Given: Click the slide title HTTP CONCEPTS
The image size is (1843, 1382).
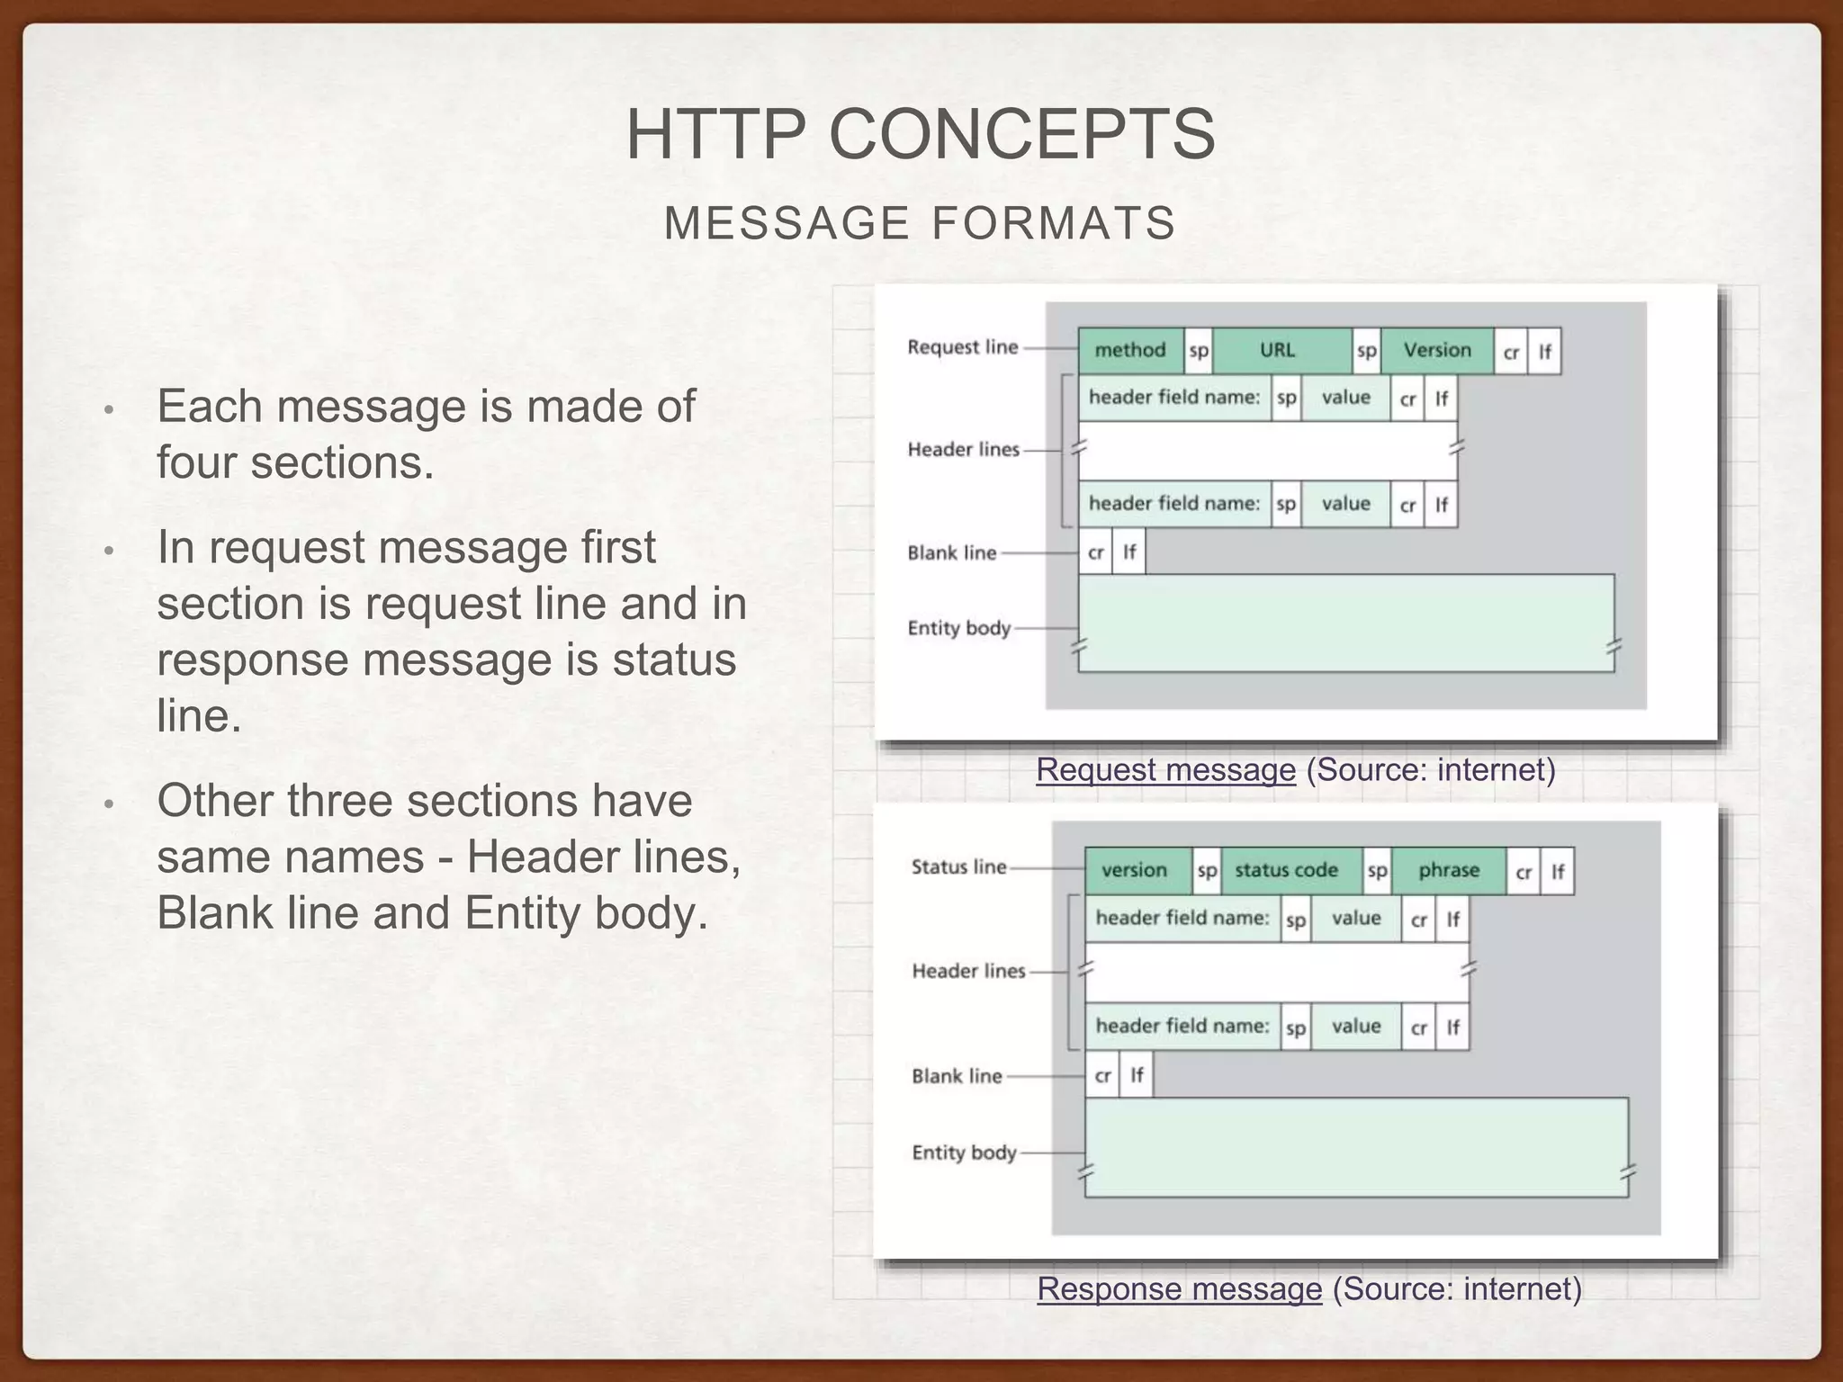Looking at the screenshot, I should tap(921, 134).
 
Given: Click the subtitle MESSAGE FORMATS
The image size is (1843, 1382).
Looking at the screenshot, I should tap(920, 223).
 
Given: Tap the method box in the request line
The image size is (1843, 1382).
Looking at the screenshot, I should tap(1129, 350).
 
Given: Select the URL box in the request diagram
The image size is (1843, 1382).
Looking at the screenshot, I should tap(1278, 350).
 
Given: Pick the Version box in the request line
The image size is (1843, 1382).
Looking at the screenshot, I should tap(1436, 350).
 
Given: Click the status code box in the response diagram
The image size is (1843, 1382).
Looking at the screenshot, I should tap(1287, 870).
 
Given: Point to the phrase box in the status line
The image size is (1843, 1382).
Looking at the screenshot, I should tap(1448, 870).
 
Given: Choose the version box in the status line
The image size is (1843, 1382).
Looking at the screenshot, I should tap(1134, 870).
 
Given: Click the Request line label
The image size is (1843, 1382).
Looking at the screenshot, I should tap(962, 347).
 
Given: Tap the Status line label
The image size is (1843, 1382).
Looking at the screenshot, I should tap(958, 867).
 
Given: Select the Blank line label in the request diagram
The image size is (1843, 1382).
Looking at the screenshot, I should tap(951, 553).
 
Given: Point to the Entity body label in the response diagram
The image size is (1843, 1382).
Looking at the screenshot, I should tap(964, 1153).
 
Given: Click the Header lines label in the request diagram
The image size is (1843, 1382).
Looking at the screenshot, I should tap(963, 449).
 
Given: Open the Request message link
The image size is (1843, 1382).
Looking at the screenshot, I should tap(1165, 770).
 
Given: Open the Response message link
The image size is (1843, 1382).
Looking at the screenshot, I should tap(1179, 1289).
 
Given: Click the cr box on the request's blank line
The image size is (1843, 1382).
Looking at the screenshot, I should tap(1095, 552).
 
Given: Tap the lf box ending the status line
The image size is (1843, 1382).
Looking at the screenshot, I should tap(1558, 872).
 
